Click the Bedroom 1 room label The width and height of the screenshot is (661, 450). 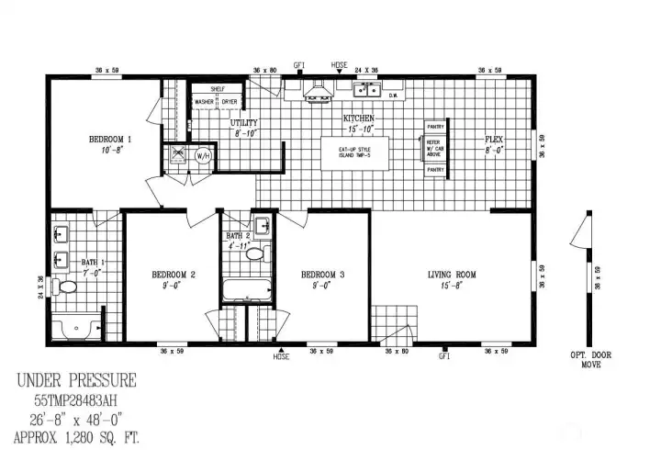110,140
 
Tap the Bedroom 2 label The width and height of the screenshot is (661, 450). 174,275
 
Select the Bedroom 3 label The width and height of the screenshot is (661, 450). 323,275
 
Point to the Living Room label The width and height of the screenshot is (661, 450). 452,275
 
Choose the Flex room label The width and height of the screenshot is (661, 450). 495,140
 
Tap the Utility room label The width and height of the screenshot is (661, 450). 243,123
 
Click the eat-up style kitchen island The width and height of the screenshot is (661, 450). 354,152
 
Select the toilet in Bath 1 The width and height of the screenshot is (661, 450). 66,287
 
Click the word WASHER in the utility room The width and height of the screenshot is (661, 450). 203,101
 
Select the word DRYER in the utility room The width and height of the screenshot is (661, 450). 229,101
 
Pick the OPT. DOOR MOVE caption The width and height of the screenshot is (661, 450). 589,360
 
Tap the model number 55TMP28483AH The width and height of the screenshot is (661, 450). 77,399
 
